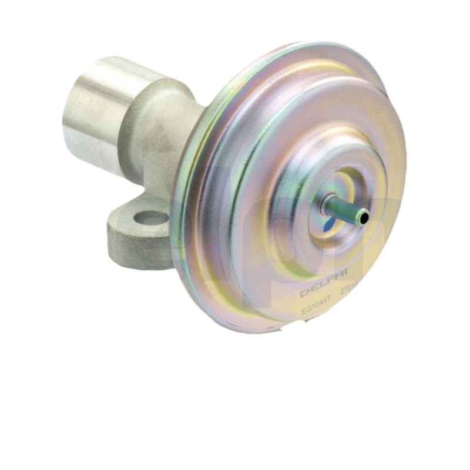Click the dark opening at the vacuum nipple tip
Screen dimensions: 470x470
364,218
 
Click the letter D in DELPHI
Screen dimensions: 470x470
304,293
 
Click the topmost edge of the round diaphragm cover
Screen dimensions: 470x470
305,43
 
